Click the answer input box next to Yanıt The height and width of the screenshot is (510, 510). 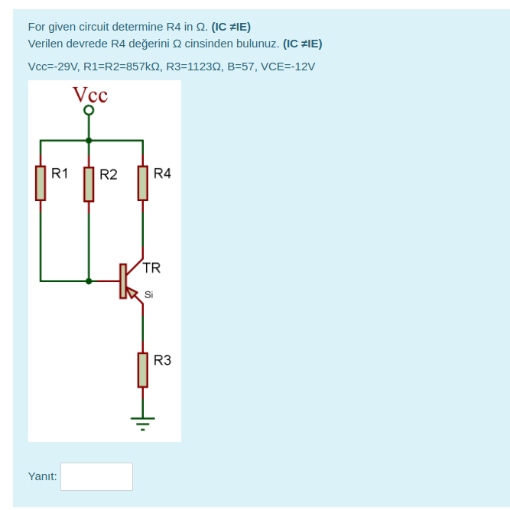[96, 476]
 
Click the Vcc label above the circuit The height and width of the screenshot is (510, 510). [89, 95]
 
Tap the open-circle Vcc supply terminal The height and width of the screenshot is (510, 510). [89, 111]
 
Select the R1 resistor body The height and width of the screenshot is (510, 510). [41, 184]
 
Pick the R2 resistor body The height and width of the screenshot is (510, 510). [89, 184]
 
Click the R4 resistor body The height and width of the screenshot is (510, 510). [142, 184]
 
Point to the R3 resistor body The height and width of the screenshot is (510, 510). [142, 369]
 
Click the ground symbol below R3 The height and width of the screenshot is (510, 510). [142, 421]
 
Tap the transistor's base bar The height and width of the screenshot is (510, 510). [122, 281]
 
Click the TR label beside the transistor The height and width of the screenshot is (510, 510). [151, 268]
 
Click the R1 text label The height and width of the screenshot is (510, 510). [60, 174]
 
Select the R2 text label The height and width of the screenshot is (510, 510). [109, 174]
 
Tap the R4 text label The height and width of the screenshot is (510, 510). [162, 174]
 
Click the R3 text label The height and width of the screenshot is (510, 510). [162, 359]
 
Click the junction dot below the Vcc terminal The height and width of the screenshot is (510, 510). [89, 141]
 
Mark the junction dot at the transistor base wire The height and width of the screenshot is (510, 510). [89, 281]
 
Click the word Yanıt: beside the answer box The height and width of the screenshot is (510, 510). [42, 476]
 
